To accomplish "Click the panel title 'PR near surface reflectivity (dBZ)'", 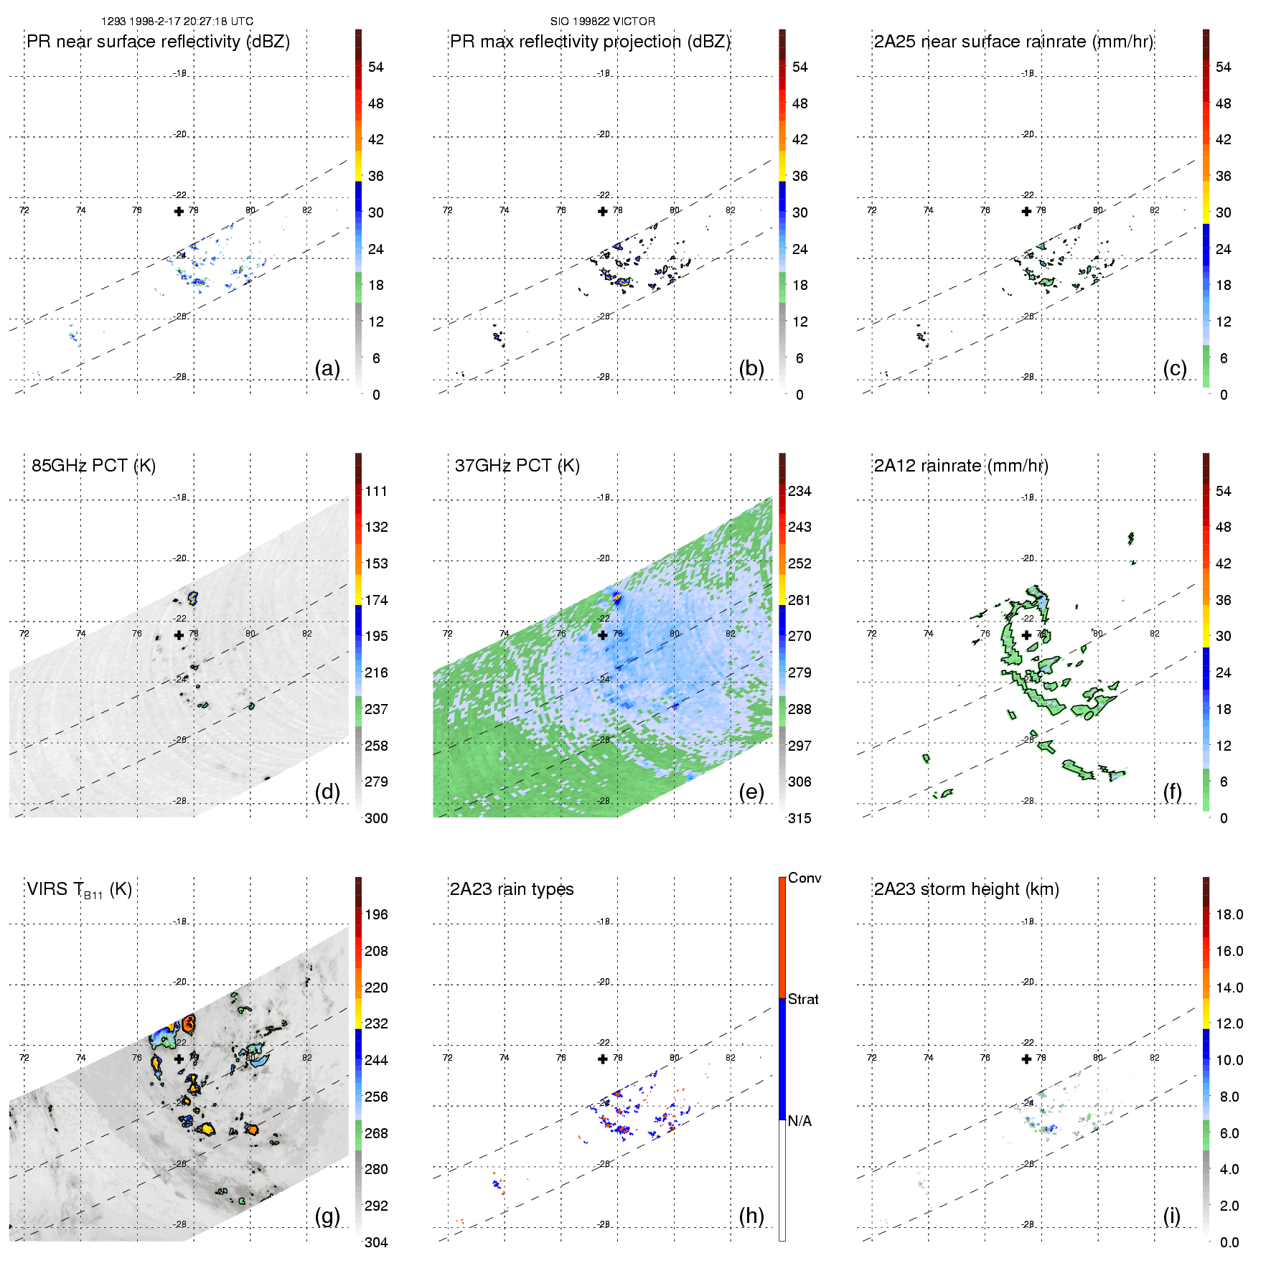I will click(158, 42).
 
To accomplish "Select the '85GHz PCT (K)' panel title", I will click(93, 466).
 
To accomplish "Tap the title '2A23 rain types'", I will click(512, 889).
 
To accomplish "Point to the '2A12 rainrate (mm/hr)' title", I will click(961, 466).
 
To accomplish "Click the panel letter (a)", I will click(327, 369).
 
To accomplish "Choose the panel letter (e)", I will click(751, 792).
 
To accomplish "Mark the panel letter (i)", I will click(1171, 1216).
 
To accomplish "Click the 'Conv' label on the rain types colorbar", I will click(805, 878).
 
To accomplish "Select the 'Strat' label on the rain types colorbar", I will click(803, 999).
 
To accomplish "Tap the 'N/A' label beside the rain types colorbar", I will click(799, 1121).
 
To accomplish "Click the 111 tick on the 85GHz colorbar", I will click(376, 491).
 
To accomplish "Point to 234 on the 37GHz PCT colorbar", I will click(799, 491).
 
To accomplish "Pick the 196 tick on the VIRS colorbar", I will click(376, 914).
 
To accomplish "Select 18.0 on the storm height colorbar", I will click(1229, 914).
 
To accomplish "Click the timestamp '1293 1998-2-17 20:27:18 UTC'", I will click(177, 22).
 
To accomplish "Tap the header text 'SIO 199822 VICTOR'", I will click(602, 22).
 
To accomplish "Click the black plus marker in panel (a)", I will click(179, 211).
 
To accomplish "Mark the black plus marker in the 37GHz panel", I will click(603, 634).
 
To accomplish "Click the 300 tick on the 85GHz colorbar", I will click(376, 818).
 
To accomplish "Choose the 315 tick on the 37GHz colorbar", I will click(799, 818).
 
